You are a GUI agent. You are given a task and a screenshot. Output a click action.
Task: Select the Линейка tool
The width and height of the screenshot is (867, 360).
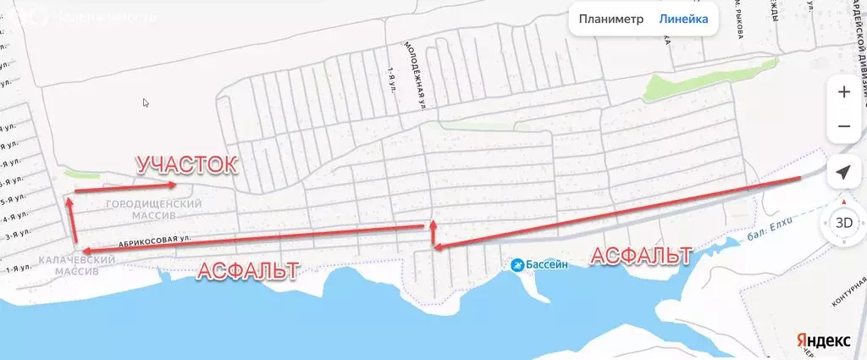(x=683, y=19)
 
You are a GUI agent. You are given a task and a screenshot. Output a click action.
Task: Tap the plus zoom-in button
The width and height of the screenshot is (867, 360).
(x=843, y=92)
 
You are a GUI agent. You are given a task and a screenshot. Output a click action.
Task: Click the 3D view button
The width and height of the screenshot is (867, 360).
(x=843, y=224)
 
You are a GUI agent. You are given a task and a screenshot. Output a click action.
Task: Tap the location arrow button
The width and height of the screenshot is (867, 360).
(x=843, y=173)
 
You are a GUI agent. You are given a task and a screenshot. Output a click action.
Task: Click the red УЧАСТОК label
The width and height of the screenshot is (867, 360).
(x=186, y=164)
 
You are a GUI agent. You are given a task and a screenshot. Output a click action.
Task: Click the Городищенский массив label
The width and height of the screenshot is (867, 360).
(x=154, y=210)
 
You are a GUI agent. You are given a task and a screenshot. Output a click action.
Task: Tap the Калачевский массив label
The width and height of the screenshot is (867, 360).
(x=72, y=265)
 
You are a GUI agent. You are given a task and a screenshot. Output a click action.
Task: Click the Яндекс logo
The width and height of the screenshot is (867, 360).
(x=822, y=340)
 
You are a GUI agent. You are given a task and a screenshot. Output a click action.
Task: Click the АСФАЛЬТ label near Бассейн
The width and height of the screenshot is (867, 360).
(x=641, y=255)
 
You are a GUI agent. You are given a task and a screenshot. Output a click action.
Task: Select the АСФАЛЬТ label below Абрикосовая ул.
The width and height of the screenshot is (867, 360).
(x=247, y=271)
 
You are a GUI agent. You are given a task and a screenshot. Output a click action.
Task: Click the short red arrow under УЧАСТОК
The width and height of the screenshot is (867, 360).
(x=124, y=187)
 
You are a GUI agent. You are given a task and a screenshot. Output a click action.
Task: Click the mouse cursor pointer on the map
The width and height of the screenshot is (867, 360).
(x=146, y=102)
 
